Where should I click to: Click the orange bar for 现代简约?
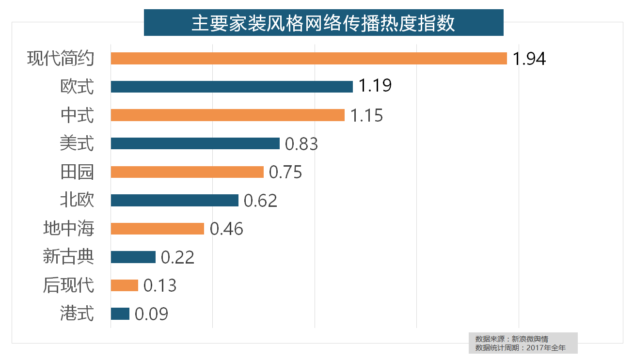(309, 58)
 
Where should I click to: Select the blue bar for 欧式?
(232, 87)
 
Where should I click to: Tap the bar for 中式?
(227, 115)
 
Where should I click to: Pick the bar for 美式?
(195, 143)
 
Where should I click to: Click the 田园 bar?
(187, 172)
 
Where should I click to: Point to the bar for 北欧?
(174, 201)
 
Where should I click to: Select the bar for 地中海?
(157, 229)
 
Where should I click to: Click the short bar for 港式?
(120, 314)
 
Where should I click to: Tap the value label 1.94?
(529, 59)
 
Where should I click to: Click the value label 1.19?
(375, 86)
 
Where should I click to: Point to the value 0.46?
(226, 229)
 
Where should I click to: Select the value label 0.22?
(177, 257)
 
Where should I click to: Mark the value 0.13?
(160, 285)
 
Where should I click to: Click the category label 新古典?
(68, 257)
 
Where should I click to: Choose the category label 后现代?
(68, 285)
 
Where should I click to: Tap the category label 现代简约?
(60, 59)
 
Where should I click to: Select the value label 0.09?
(151, 314)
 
